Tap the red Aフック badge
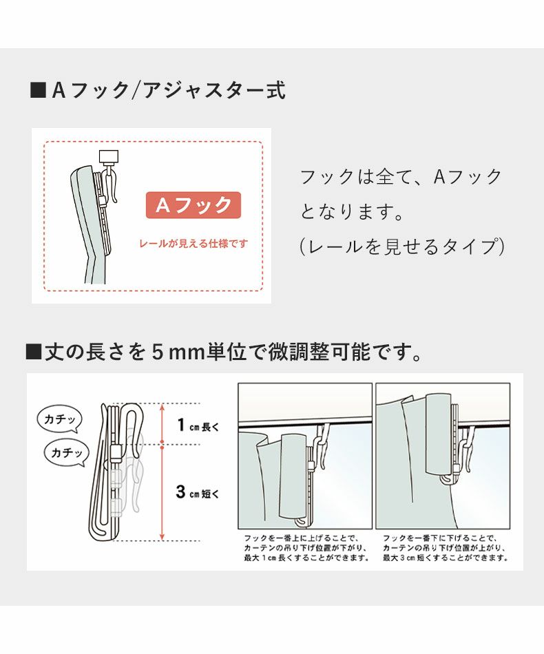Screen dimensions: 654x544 point(193,205)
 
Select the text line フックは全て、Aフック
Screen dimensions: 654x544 point(401,177)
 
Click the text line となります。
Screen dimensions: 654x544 point(351,211)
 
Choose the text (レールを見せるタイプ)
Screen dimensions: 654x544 point(402,246)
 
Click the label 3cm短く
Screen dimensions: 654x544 point(197,492)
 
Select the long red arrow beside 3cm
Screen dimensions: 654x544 point(162,492)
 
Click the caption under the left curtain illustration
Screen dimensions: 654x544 point(305,547)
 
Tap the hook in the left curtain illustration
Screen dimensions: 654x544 point(320,447)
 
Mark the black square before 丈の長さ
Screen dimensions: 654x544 point(34,353)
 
